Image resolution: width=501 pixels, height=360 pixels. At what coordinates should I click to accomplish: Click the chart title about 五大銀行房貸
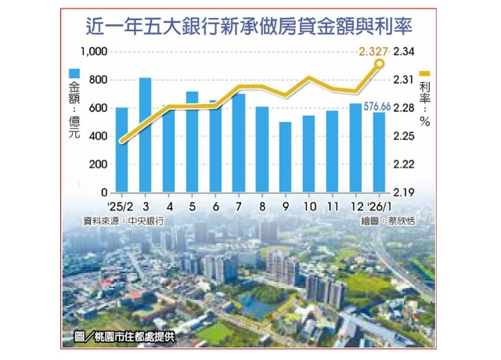pos(250,27)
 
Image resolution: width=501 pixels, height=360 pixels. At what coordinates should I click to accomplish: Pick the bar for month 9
pos(285,157)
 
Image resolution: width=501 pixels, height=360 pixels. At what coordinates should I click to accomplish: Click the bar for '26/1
pos(379,152)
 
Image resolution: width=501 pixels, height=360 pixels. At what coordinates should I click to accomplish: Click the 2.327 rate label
pos(372,52)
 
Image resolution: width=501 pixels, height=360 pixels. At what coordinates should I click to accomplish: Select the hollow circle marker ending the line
pos(380,64)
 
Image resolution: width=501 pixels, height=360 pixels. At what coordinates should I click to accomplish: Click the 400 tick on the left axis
pos(98,136)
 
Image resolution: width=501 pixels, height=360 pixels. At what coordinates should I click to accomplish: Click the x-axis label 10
pos(308,206)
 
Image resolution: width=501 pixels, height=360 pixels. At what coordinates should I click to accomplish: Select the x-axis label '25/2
pos(121,206)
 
